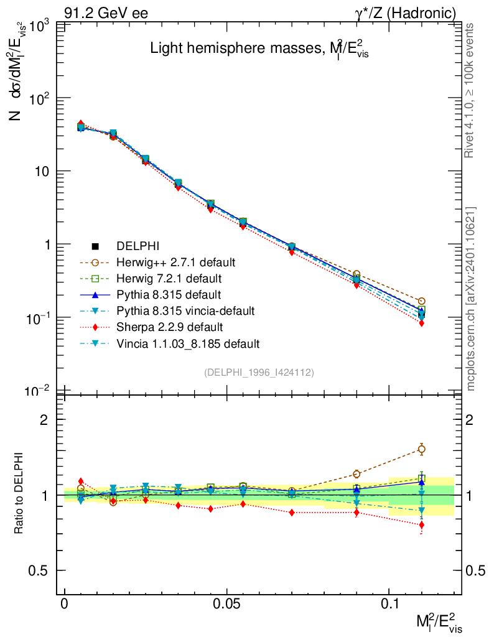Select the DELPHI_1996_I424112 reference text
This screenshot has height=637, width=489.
[x=259, y=372]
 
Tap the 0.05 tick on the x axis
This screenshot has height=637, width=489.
[x=226, y=604]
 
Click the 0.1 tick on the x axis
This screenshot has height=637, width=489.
[x=389, y=604]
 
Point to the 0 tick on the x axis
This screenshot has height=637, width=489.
[x=64, y=604]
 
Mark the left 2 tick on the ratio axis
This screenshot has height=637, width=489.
[x=44, y=419]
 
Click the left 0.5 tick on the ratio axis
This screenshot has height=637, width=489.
[x=40, y=570]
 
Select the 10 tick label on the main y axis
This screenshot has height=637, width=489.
[x=39, y=172]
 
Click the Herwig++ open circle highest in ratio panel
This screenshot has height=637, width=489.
[x=421, y=449]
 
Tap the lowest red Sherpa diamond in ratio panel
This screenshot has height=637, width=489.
[x=421, y=525]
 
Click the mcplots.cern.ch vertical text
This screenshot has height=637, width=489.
[x=471, y=298]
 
